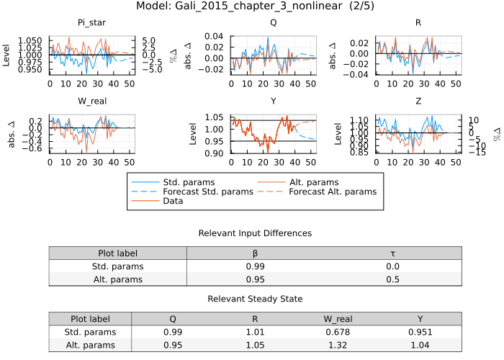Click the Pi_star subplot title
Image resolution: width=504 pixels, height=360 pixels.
[92, 23]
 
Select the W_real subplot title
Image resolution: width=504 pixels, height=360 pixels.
[92, 101]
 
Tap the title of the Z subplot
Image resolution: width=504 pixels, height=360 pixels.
[418, 101]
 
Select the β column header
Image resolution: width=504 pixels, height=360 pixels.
[255, 253]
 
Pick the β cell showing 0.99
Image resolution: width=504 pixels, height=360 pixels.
[255, 266]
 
